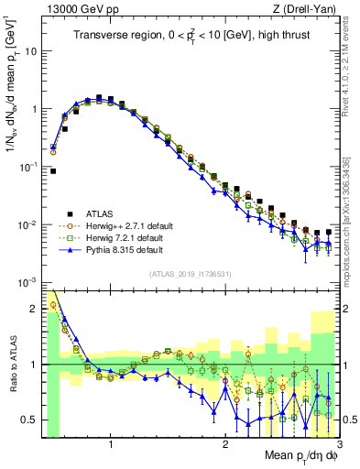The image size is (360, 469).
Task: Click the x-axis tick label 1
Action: [x=111, y=444]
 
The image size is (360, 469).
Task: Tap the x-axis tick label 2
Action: [x=225, y=444]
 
